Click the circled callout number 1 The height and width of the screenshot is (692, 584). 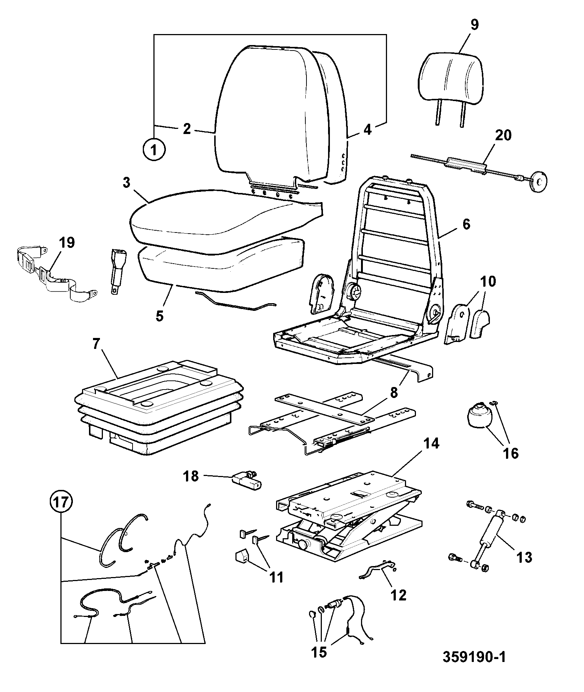pyautogui.click(x=154, y=149)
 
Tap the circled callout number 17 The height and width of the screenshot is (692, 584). pyautogui.click(x=62, y=502)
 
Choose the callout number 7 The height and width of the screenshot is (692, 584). pyautogui.click(x=96, y=345)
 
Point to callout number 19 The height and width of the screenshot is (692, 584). pyautogui.click(x=66, y=242)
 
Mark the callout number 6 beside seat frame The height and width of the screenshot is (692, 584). pyautogui.click(x=466, y=224)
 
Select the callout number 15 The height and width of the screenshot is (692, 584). pyautogui.click(x=319, y=652)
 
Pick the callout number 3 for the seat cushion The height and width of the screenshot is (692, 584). pyautogui.click(x=126, y=183)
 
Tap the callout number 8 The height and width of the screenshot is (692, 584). pyautogui.click(x=394, y=392)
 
